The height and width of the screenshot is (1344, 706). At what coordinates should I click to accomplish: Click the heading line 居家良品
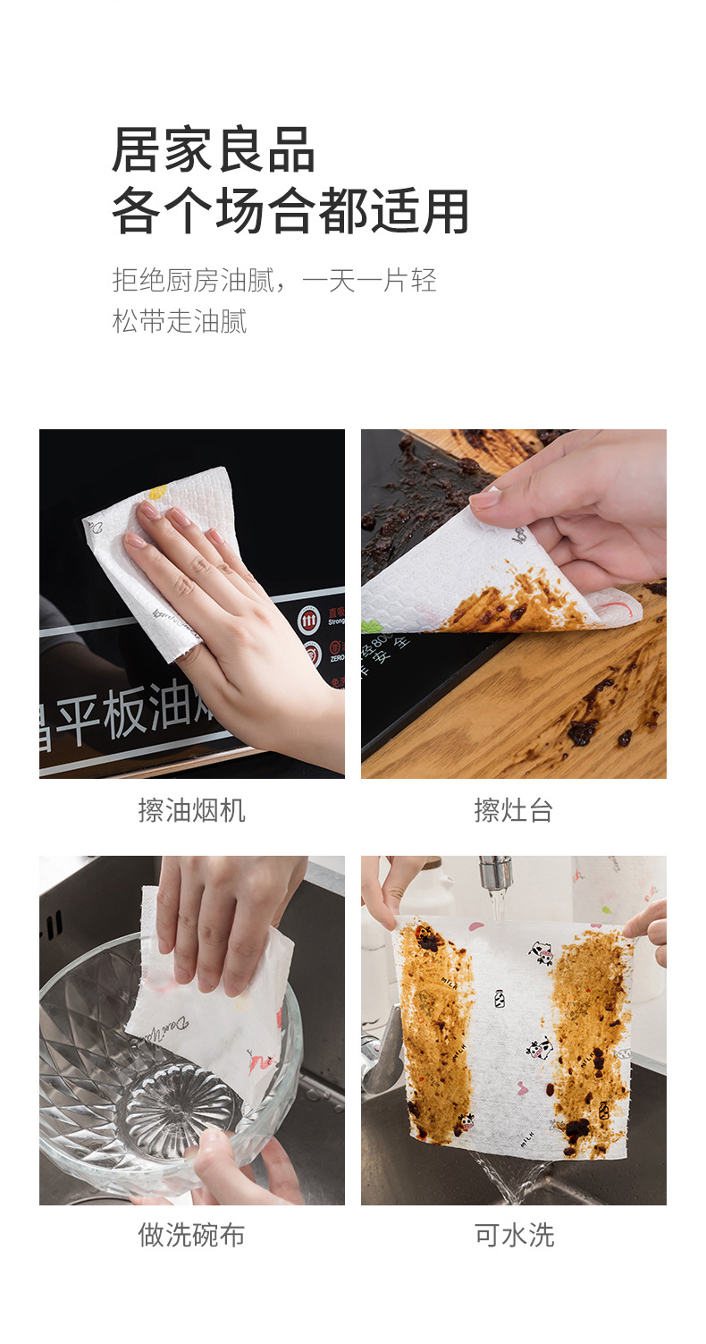point(213,149)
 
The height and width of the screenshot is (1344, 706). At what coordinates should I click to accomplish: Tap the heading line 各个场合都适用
point(290,212)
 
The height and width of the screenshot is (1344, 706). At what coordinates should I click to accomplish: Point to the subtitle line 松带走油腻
point(179,321)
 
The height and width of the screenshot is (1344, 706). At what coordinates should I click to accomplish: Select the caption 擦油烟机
point(191,811)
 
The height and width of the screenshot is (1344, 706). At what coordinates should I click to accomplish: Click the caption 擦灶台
point(513,811)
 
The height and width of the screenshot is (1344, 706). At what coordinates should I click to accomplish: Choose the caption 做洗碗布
point(191,1235)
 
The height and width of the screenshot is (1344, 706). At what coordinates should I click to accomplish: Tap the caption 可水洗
point(514,1235)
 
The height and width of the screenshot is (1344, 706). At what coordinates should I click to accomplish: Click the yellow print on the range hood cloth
point(157,492)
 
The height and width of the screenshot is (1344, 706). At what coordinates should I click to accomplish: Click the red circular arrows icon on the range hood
point(309,620)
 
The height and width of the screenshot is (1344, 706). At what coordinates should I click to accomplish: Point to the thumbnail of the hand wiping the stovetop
point(513,604)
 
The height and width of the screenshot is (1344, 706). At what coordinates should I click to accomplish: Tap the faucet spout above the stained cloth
point(493,871)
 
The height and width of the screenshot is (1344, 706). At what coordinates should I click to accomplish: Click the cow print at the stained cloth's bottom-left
point(466,1121)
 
